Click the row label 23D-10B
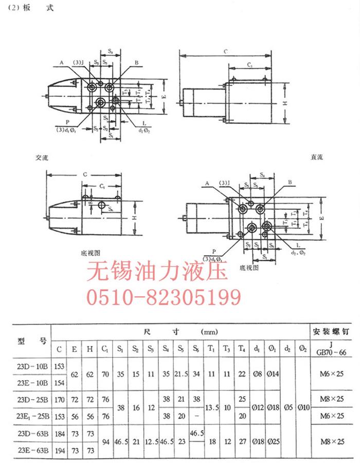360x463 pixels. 33,366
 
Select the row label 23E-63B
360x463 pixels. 33,451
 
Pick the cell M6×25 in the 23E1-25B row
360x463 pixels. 334,416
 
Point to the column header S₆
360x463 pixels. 196,349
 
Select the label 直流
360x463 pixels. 316,157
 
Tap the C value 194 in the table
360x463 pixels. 60,451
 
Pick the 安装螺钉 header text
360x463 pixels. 334,331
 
